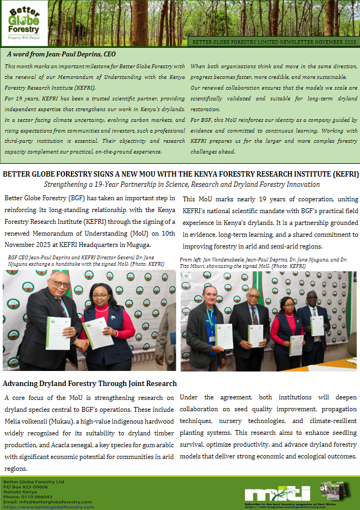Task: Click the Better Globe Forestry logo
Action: [x=24, y=23]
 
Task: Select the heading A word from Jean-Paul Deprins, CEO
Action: [x=61, y=54]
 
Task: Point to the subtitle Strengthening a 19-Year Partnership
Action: [x=182, y=184]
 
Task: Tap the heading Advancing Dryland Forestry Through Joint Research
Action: [x=90, y=383]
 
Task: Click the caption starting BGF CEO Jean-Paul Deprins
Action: [x=86, y=261]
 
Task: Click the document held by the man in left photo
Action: [x=58, y=333]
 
